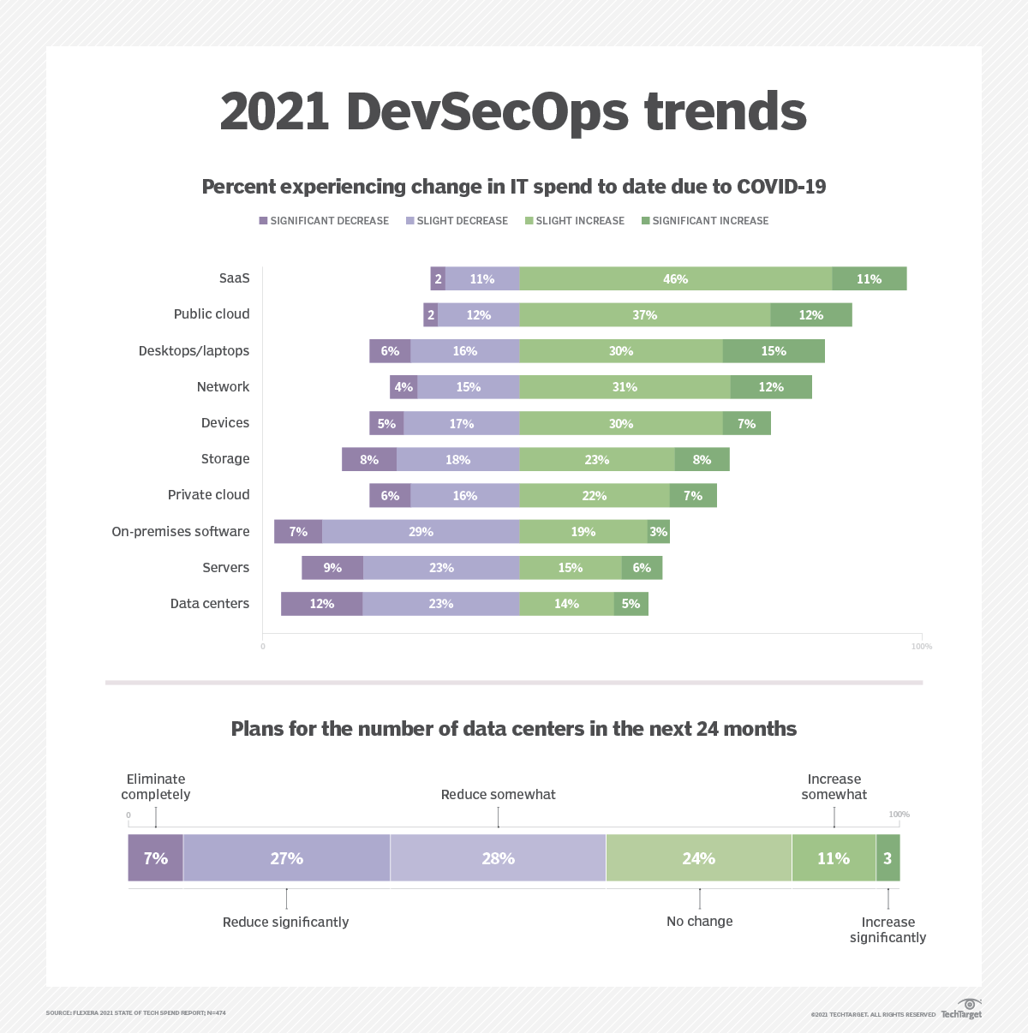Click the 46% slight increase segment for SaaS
coord(675,278)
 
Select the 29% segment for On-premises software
coord(421,532)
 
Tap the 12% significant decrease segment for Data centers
coord(321,604)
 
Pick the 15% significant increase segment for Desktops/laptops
coord(774,351)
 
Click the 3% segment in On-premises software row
coord(658,532)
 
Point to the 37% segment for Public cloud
coord(644,315)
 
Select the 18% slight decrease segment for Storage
coord(457,460)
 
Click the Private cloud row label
coord(208,495)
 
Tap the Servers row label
coord(225,568)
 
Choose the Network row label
coord(223,387)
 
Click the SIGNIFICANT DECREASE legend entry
coord(323,221)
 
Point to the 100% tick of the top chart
coord(921,647)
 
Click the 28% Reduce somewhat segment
coord(498,858)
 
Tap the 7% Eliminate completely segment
coord(155,858)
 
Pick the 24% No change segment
coord(698,858)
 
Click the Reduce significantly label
coord(285,923)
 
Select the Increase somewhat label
coord(834,787)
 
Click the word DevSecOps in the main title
coord(487,112)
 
